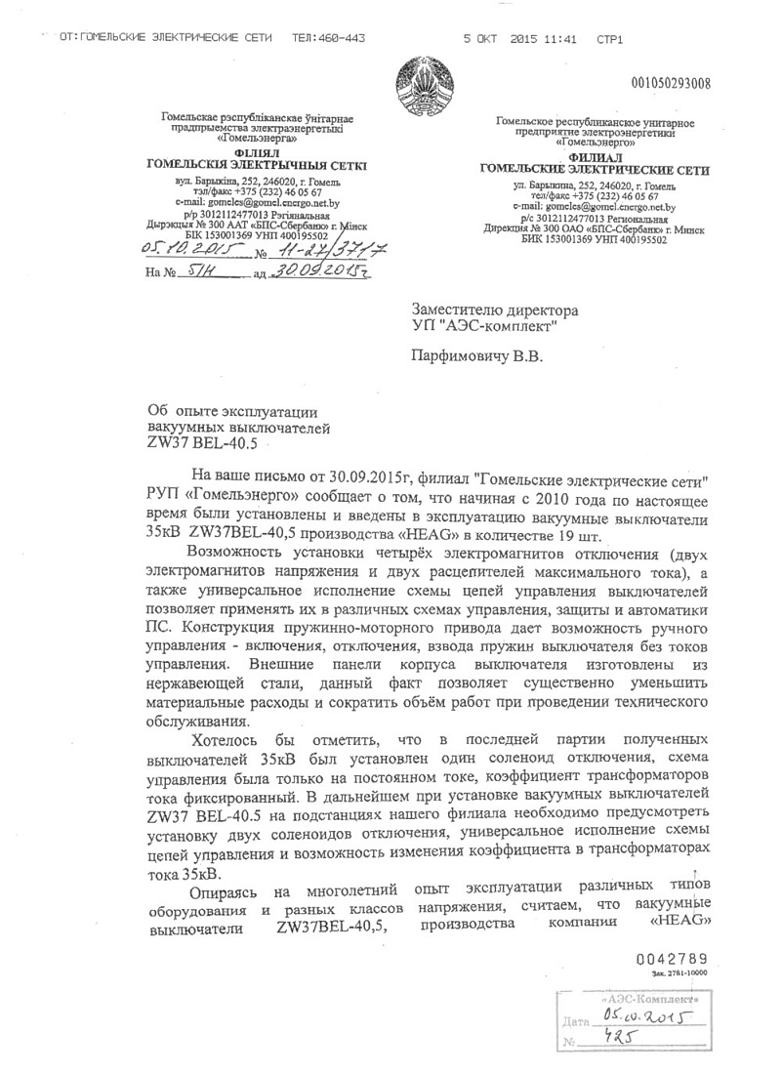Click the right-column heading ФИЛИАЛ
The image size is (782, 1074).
[x=595, y=157]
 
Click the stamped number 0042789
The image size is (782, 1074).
[x=671, y=960]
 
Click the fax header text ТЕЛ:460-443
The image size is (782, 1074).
[x=329, y=38]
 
